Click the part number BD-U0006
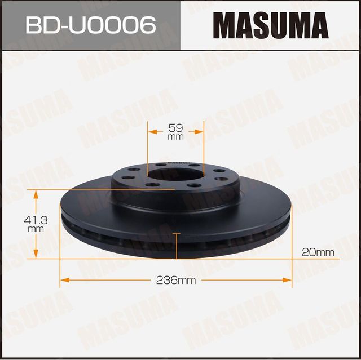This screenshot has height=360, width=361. point(90,26)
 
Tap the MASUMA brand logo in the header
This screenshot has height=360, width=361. point(270,26)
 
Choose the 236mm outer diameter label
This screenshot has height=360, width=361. point(175,280)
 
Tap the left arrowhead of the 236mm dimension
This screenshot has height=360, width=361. point(63,279)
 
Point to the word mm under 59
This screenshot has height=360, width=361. point(175,137)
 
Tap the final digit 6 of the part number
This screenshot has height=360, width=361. point(148,26)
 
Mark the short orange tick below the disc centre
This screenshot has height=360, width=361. point(177,234)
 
